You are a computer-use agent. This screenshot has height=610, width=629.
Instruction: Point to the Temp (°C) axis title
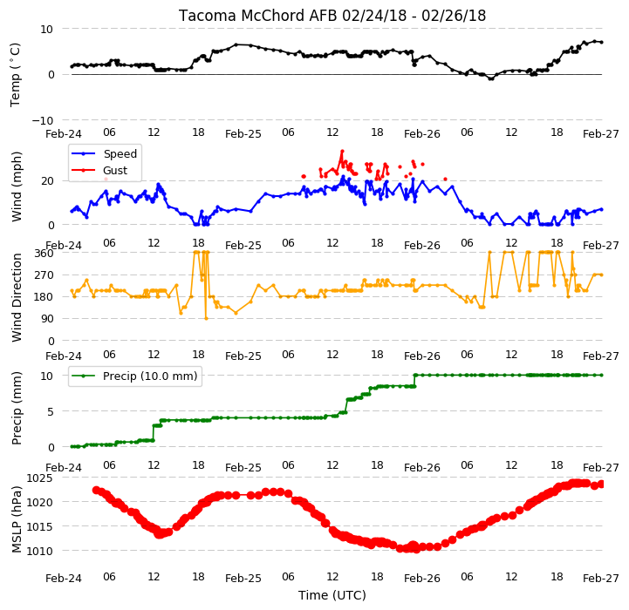[15, 75]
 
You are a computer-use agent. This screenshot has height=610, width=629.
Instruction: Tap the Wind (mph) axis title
[16, 186]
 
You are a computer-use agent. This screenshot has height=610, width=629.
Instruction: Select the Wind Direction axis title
[17, 297]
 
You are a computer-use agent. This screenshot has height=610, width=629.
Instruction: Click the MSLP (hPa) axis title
[17, 519]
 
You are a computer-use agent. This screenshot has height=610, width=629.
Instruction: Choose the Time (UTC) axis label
[332, 595]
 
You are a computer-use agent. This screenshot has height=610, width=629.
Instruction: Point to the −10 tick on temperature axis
[42, 120]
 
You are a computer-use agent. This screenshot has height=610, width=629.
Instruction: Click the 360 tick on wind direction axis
[44, 254]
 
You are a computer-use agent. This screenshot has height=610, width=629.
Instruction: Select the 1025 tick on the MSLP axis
[39, 478]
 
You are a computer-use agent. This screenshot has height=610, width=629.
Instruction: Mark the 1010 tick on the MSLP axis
[39, 551]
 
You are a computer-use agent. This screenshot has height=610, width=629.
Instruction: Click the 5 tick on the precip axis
[50, 411]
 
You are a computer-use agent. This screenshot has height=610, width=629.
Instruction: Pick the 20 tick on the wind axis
[47, 181]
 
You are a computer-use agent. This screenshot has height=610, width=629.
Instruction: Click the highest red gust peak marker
[342, 151]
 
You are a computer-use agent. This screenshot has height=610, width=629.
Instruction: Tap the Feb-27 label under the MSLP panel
[600, 579]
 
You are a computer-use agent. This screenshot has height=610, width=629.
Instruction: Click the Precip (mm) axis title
[17, 409]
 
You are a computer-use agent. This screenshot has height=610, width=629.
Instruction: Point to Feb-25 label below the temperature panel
[243, 134]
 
